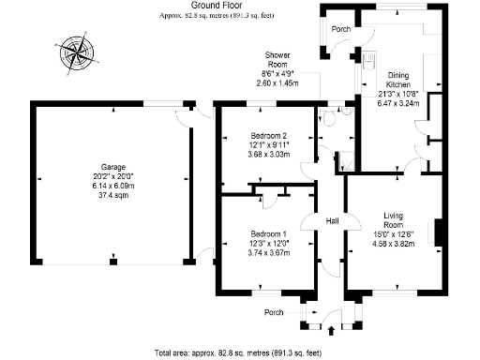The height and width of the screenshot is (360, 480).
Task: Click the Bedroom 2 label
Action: pyautogui.click(x=268, y=136)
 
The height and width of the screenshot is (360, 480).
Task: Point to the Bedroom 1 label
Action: pyautogui.click(x=268, y=232)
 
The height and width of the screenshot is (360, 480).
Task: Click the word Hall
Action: pyautogui.click(x=331, y=221)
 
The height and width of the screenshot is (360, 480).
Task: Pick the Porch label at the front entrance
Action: pyautogui.click(x=274, y=312)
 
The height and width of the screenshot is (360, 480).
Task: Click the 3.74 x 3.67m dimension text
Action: pyautogui.click(x=268, y=251)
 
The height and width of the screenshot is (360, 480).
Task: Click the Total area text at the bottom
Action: pyautogui.click(x=240, y=353)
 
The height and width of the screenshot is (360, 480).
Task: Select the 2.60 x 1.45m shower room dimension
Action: pyautogui.click(x=277, y=82)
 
